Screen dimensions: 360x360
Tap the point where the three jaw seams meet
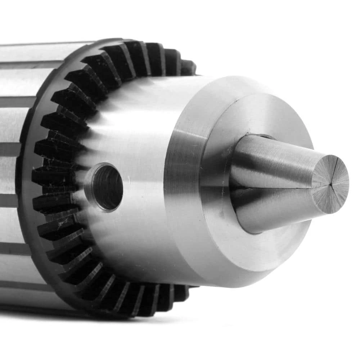(x=330, y=184)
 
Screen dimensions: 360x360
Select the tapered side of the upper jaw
(x=274, y=158)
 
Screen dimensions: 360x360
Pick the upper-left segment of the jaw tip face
(x=322, y=173)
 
